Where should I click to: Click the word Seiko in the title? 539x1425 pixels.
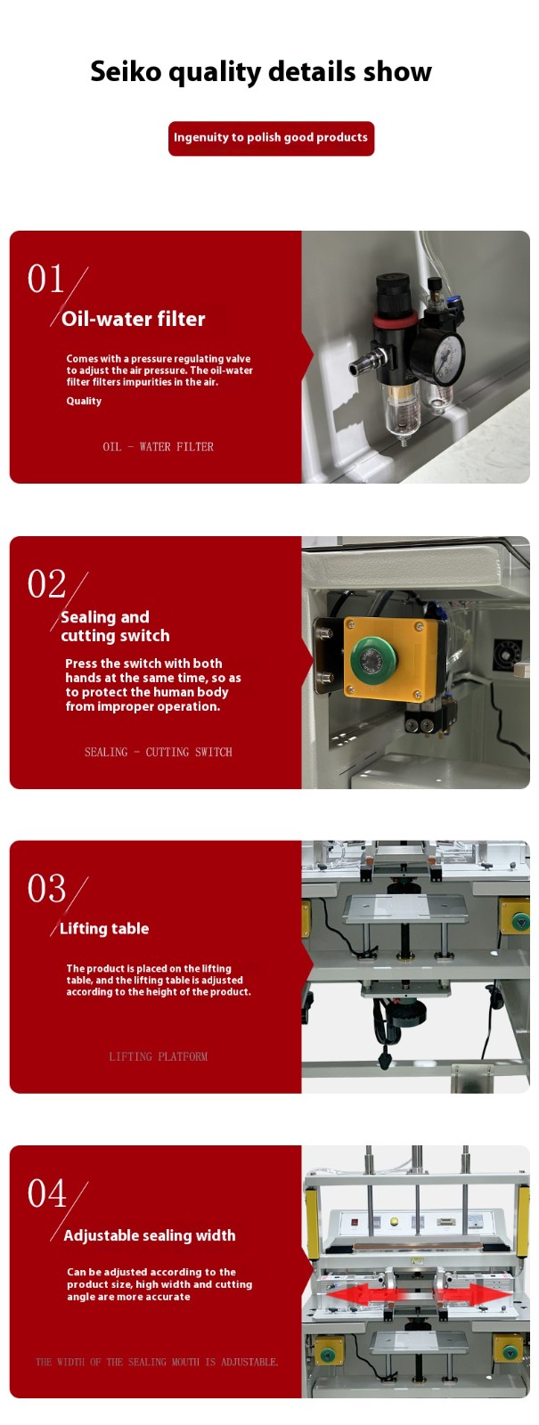(126, 71)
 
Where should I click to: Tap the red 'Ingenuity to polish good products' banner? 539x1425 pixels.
(271, 138)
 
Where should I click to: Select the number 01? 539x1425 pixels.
(45, 279)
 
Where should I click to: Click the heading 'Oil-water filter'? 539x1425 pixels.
(133, 319)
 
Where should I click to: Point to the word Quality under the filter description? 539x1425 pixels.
(84, 401)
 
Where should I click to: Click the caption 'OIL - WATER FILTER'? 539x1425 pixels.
(158, 446)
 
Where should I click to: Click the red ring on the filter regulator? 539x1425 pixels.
(396, 318)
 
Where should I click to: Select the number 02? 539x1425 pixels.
(45, 584)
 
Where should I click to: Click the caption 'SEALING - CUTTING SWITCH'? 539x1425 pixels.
(159, 752)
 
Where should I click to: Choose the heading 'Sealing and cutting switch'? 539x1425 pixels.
(115, 626)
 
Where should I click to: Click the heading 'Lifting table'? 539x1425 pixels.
(104, 928)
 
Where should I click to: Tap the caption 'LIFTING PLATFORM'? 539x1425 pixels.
(159, 1056)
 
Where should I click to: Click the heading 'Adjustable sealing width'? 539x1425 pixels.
(150, 1235)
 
